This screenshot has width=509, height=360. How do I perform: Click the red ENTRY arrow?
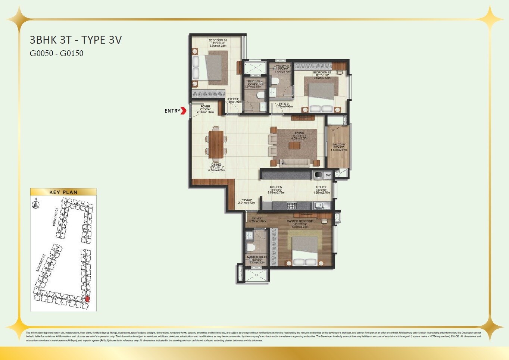pos(183,111)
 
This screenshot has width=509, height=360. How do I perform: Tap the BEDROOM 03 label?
pos(218,40)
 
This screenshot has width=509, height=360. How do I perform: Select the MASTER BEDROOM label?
pos(300,221)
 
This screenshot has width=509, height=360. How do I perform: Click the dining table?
pos(216,144)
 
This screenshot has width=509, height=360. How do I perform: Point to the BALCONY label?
pos(339,144)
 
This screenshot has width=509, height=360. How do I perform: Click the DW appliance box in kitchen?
pos(328,175)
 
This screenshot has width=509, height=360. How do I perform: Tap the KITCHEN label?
pos(276,187)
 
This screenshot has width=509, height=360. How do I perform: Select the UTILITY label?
pos(321,187)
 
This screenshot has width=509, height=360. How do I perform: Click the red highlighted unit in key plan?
pos(88,299)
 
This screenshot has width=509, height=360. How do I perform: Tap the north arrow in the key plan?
pos(35,204)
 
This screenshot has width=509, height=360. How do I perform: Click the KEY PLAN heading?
pos(63,192)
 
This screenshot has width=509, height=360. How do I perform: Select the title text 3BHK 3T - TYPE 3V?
pos(76,40)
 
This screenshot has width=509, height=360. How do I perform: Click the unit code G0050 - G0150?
pos(56,53)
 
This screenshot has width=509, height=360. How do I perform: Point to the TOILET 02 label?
pos(282,67)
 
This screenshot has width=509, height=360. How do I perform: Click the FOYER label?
pos(205,107)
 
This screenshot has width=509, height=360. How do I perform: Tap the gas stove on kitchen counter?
pos(291,206)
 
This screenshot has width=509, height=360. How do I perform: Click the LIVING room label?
pos(299,133)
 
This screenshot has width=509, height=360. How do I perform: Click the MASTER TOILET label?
pos(257,257)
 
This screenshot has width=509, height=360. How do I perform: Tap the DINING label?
pos(216,165)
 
